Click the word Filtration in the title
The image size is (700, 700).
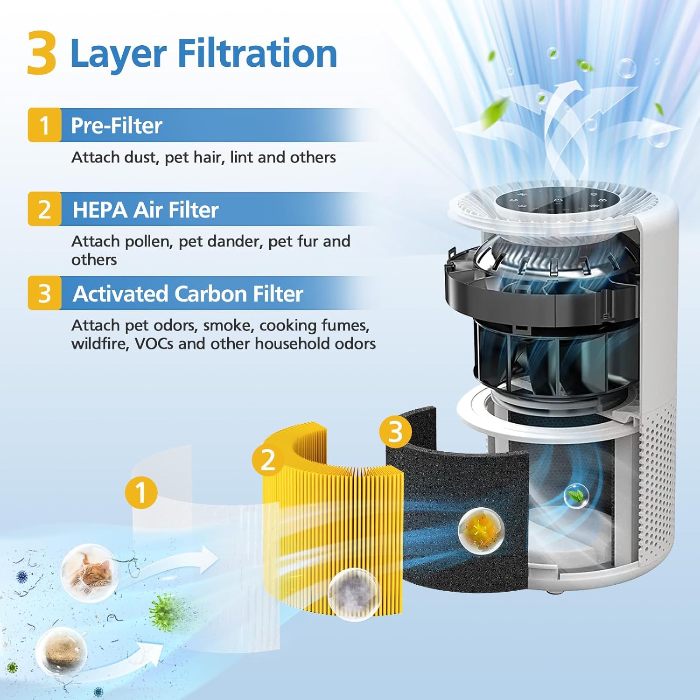tap(257, 54)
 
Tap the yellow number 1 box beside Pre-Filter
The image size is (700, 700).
tap(44, 125)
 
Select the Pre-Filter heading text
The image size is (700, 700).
tap(116, 126)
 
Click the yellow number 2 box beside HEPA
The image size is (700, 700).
tap(44, 210)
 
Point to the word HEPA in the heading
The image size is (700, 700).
tap(99, 210)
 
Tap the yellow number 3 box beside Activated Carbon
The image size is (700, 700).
tap(44, 294)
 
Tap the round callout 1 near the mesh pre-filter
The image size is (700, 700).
tap(141, 492)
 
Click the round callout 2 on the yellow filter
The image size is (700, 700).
tap(268, 461)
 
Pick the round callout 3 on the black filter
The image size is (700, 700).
tap(395, 431)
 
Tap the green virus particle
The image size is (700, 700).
tap(163, 612)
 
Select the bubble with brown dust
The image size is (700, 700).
tap(61, 650)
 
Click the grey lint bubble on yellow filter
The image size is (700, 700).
tap(353, 594)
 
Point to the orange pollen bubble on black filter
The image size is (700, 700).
tap(481, 529)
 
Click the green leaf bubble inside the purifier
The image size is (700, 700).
tap(576, 496)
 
